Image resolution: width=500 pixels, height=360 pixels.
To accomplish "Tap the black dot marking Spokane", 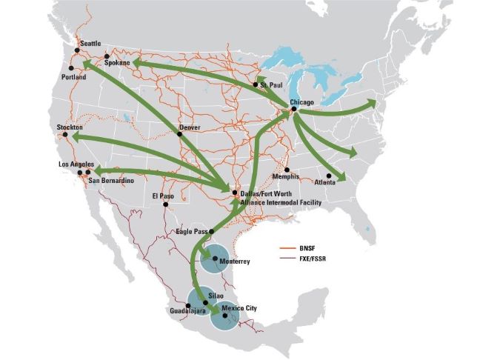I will pos(107,56).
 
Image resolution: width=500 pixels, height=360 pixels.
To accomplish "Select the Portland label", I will pos(74,77).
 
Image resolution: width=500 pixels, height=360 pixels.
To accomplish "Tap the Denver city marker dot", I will pos(180,134).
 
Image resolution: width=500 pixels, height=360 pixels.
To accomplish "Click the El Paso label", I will pos(161,196).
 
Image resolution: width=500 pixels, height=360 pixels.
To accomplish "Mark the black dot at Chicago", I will pos(294,109).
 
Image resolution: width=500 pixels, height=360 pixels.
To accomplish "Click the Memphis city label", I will pos(285,177).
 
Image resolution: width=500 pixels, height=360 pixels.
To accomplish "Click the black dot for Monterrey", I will pos(215,259).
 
